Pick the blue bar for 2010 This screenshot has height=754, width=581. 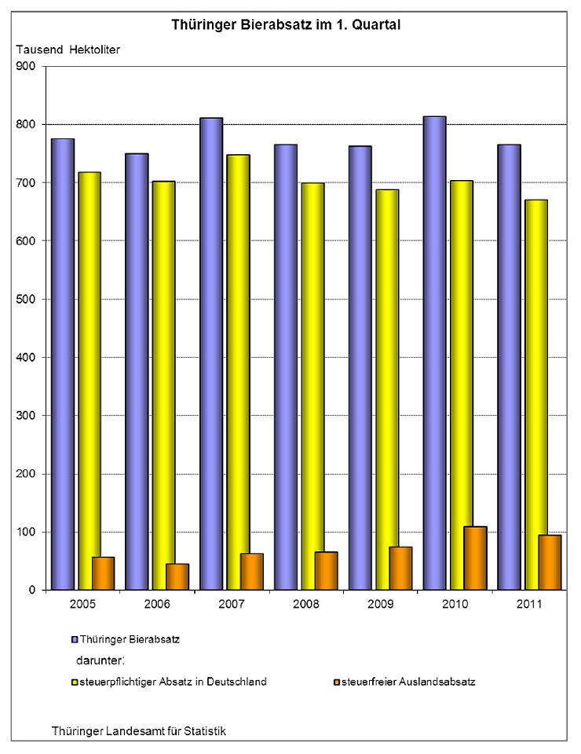pos(434,353)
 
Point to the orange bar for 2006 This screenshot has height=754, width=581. pos(177,576)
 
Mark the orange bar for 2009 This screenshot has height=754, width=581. pos(400,568)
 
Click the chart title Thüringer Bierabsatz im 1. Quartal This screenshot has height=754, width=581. pos(287,24)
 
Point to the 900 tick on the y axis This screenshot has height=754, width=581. pos(26,67)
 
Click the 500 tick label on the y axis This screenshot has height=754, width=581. pos(26,300)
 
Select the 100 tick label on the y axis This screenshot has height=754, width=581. pos(26,532)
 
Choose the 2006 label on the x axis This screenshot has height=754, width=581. pos(158,603)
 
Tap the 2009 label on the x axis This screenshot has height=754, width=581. pos(381,603)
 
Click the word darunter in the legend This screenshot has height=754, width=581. pos(100,660)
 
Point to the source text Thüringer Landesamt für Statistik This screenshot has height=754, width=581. pos(139,730)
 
